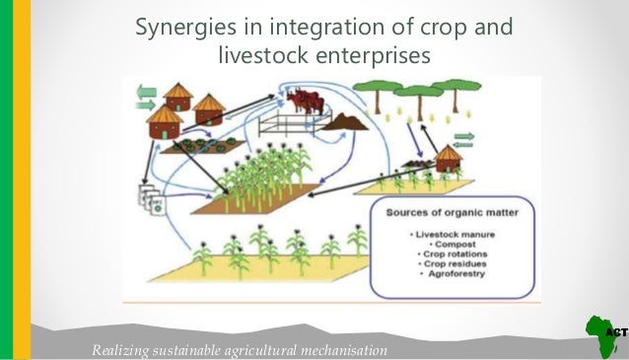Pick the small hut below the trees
449,158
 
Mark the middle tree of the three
412,99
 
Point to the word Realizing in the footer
119,351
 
